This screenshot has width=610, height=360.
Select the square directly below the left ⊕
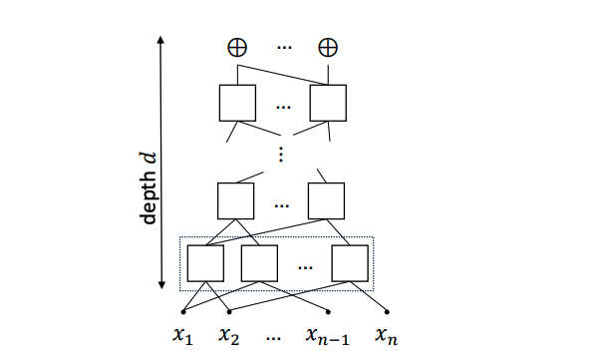pos(237,103)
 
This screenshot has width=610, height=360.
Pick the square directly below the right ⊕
pos(327,103)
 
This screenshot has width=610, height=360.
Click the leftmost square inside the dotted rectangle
pos(205,262)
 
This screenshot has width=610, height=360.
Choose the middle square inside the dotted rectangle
pos(259,262)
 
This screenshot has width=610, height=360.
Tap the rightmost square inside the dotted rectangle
pos(350,262)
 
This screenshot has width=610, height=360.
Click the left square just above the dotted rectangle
pos(236,200)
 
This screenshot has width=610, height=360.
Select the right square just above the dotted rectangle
pos(326,200)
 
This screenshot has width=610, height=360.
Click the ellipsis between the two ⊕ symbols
pos(283,48)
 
